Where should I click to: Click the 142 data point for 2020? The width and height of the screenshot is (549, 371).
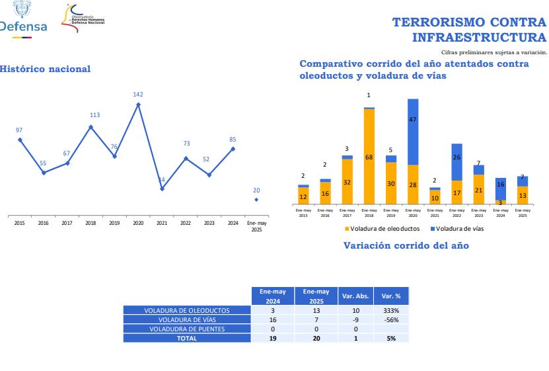[x=138, y=104]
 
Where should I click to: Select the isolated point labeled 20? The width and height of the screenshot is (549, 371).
[x=256, y=199]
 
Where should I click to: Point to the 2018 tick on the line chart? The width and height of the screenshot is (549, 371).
[x=91, y=224]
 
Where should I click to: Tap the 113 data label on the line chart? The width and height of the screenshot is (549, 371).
[x=94, y=115]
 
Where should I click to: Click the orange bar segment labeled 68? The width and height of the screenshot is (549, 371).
[x=369, y=157]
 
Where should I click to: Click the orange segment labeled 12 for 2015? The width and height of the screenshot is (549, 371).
[x=303, y=196]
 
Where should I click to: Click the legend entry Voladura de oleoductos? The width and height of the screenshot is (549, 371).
[x=382, y=229]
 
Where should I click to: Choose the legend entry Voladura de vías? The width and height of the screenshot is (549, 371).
[x=457, y=229]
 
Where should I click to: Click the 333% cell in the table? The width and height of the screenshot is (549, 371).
[x=392, y=310]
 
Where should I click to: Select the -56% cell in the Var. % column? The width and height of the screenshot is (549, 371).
[x=392, y=319]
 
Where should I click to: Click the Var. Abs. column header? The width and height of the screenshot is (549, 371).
[x=355, y=296]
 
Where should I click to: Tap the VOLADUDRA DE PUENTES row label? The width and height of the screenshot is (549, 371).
[x=187, y=329]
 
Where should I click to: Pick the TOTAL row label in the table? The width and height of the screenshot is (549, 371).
[x=187, y=338]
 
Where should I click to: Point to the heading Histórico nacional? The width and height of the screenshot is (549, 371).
[x=45, y=69]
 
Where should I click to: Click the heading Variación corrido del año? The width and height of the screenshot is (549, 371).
[x=406, y=245]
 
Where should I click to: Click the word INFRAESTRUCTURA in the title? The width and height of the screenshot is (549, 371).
[x=479, y=37]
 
